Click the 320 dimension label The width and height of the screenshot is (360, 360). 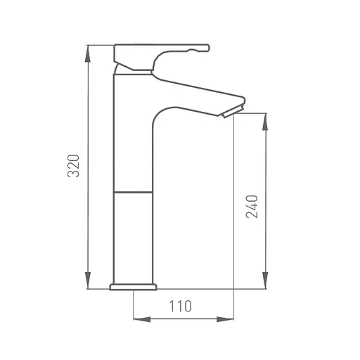coord(73,166)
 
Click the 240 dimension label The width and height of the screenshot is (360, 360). coord(252,207)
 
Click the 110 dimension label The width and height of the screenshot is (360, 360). coord(180,306)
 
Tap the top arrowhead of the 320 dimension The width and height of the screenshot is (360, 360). coord(88,53)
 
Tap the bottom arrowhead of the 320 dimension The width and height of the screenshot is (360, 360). coord(88,281)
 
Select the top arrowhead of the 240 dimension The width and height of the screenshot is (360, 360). coord(265,122)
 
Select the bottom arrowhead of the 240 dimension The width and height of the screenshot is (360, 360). coord(265,281)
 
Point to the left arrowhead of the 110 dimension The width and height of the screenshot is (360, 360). coord(142,319)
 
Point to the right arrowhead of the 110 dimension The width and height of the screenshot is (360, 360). coord(225,319)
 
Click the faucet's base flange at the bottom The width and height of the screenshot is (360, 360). coord(133,287)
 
